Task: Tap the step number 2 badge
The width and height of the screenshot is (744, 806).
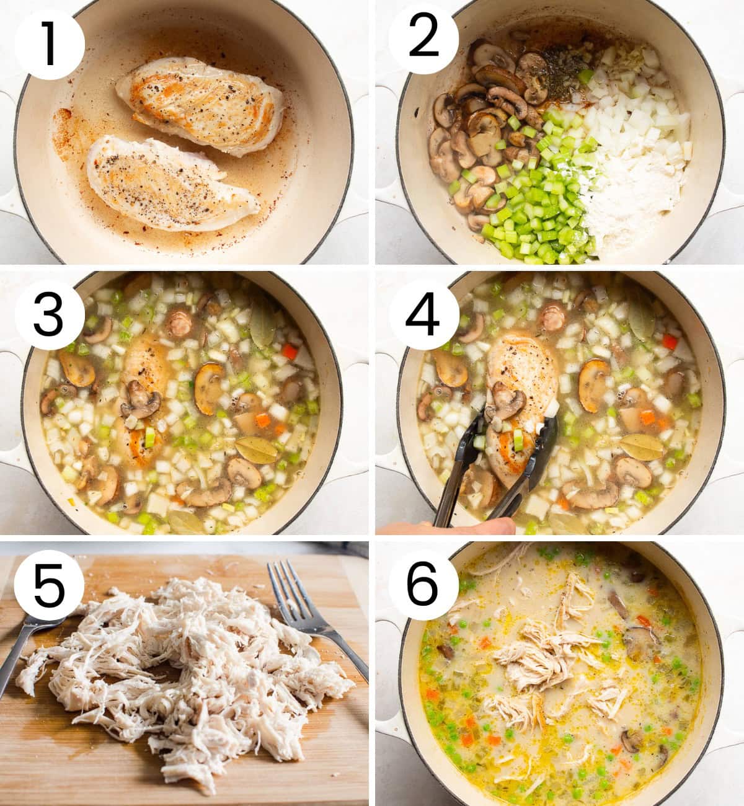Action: [423, 39]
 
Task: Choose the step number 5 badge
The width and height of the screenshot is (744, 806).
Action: [50, 585]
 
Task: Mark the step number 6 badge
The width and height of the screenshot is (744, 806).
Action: [423, 585]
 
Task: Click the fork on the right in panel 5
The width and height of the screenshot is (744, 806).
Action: [317, 617]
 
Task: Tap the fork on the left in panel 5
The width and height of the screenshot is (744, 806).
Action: [29, 649]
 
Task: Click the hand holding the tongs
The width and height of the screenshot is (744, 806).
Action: [446, 527]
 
